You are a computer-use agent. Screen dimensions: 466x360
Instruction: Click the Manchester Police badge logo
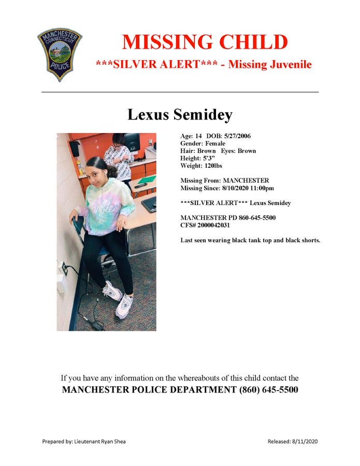[60, 54]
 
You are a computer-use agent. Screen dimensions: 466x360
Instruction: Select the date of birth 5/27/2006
[238, 136]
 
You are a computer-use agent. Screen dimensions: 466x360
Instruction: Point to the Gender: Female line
[203, 143]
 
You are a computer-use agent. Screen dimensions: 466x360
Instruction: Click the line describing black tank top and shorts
[250, 240]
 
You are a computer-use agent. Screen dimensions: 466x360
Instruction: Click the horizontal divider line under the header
[180, 92]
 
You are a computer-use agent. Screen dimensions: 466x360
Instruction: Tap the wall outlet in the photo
[64, 268]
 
